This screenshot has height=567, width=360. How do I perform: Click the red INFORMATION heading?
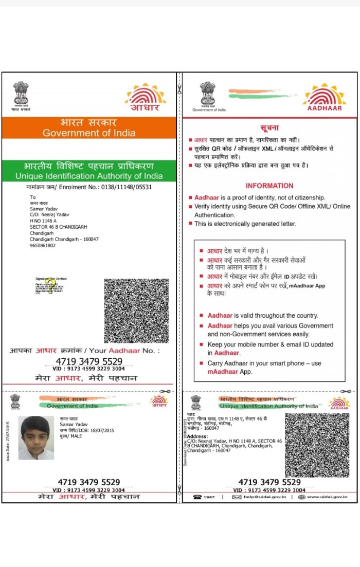[x=269, y=186]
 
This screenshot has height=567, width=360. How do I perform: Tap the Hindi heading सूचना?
[x=269, y=128]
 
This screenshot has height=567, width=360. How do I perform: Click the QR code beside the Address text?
[x=317, y=445]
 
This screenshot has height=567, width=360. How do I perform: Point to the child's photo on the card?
[x=36, y=437]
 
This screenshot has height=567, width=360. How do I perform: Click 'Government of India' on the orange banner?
[x=89, y=133]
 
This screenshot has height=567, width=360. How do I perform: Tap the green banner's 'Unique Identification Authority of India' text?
[x=89, y=176]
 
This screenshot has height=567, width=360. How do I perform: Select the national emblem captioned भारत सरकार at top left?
[x=21, y=95]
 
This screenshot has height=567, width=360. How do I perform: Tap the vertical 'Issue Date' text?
[x=8, y=441]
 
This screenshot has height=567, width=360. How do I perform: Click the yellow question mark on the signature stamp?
[x=50, y=290]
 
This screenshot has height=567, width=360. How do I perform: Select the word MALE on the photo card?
[x=77, y=436]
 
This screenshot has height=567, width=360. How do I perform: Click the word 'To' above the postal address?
[x=33, y=197]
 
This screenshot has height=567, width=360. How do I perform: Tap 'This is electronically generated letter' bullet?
[x=245, y=224]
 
